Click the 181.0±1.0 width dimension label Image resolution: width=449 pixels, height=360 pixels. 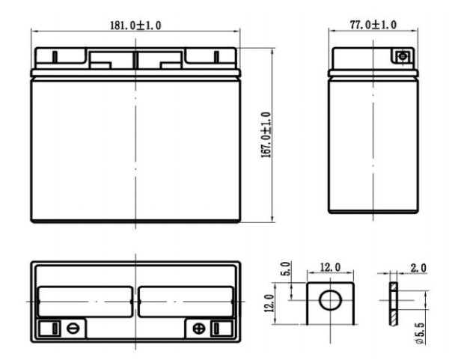135,25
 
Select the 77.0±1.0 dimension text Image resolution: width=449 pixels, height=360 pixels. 373,25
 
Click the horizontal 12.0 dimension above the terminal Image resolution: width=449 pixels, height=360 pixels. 329,267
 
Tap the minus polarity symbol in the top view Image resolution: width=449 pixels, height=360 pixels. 73,328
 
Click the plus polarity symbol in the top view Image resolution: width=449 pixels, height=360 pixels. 198,328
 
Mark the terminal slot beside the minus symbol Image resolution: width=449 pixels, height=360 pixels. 55,328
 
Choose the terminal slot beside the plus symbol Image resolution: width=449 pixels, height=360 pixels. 216,328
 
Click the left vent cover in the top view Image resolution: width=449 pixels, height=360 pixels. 85,302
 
